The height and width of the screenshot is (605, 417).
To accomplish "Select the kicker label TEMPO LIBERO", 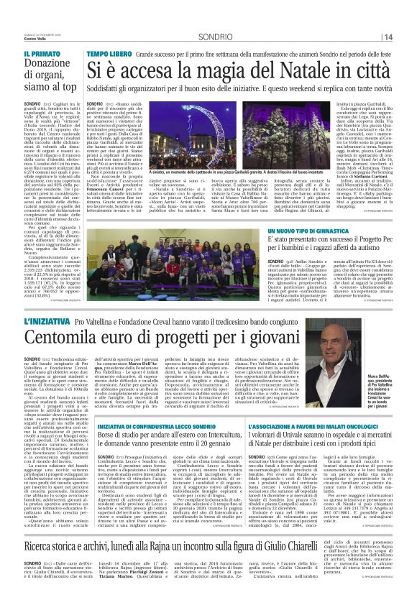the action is point(109,54).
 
